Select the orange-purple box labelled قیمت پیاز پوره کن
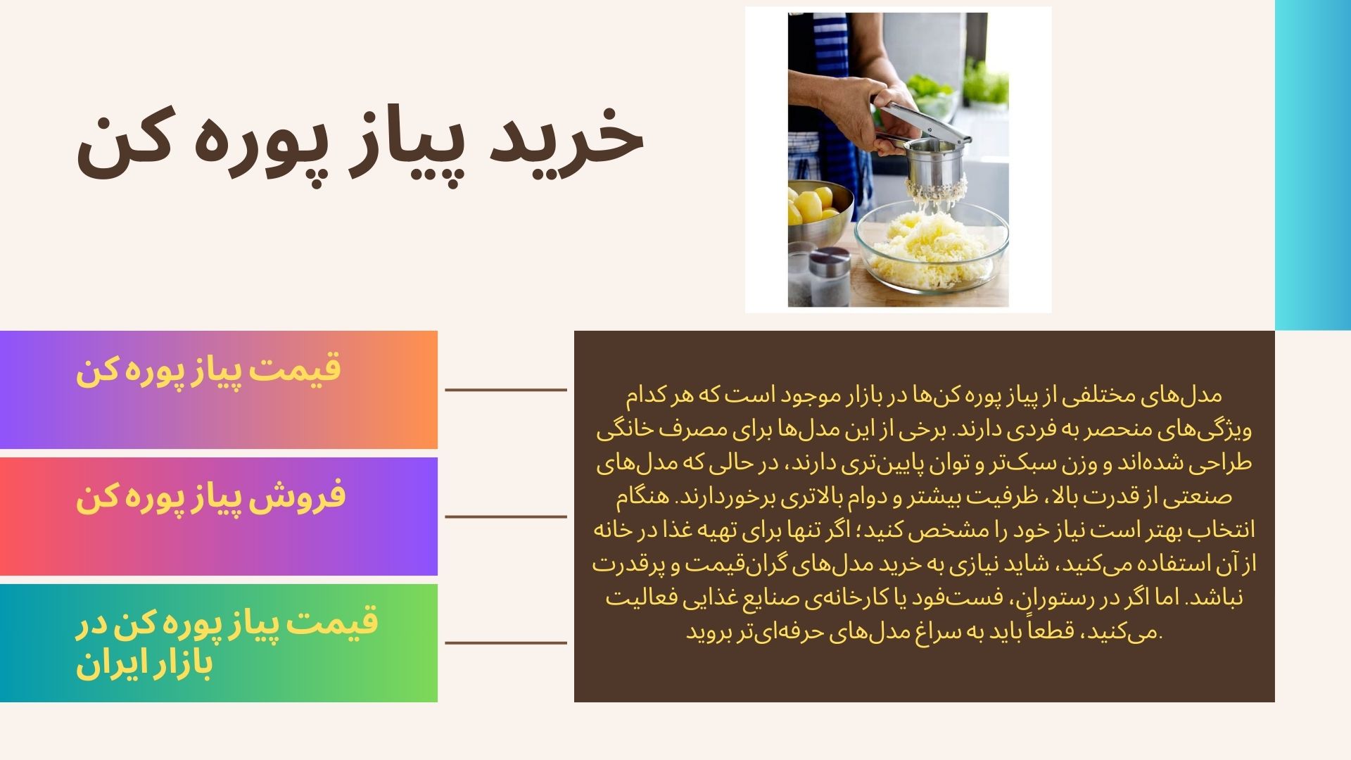(219, 389)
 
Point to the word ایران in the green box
(105, 664)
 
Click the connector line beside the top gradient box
(506, 389)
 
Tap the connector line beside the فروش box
(506, 517)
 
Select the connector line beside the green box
(506, 642)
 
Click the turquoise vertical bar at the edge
(1313, 165)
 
